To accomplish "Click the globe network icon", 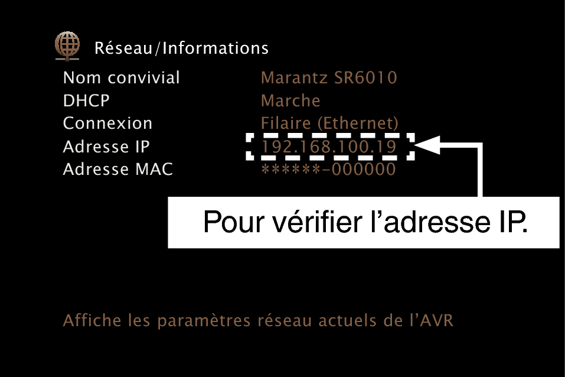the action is click(67, 46).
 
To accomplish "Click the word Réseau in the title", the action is click(123, 48).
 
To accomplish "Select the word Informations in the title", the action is click(215, 48).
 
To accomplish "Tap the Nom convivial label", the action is click(121, 77).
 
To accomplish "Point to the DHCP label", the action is click(86, 100).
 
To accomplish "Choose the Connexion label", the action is click(107, 123).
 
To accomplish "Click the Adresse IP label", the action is click(106, 147).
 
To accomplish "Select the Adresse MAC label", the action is click(118, 169).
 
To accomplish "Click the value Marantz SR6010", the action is click(329, 77).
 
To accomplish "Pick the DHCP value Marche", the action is click(290, 100).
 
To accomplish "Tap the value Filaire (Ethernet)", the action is click(329, 123).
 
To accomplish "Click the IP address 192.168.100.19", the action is click(329, 147).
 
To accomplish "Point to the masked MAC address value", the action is click(328, 169).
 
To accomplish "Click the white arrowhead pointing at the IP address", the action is click(427, 145).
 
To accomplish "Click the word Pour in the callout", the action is click(233, 222).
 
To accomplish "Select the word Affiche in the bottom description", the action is click(92, 320).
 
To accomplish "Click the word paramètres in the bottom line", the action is click(204, 321).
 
